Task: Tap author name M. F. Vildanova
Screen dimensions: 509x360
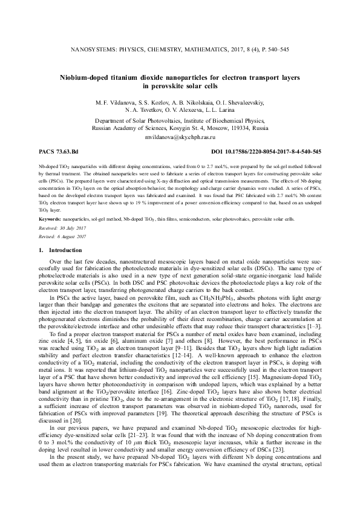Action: point(112,103)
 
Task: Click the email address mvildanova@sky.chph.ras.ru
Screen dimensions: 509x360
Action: point(180,137)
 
